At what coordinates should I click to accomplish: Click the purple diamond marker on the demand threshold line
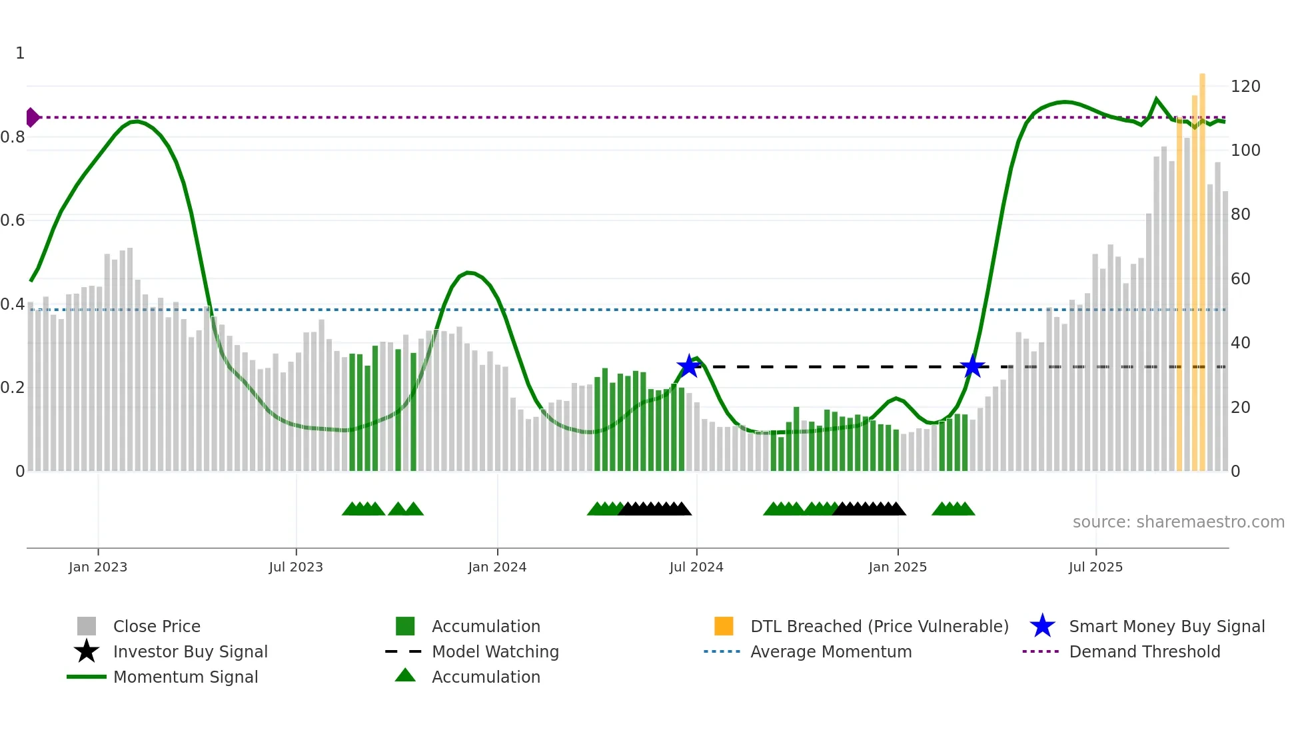pos(32,117)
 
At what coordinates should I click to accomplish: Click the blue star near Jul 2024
pos(688,366)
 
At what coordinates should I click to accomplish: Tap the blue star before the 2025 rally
pos(972,366)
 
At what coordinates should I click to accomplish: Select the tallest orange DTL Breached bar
pos(1202,266)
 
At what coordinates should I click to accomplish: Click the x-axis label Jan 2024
pos(497,567)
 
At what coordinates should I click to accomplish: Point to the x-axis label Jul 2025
pos(1095,567)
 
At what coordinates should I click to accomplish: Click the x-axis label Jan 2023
pos(98,567)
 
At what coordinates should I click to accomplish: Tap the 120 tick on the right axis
pos(1245,87)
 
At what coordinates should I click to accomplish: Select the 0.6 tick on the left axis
pos(13,220)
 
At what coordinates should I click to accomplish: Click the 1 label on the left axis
pos(20,53)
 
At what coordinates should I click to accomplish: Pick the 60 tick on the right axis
pos(1240,279)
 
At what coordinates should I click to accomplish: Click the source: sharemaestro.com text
pos(1178,522)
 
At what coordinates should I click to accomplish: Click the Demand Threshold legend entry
pos(1144,651)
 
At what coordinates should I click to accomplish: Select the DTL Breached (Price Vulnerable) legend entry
pos(879,626)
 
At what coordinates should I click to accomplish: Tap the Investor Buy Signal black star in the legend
pos(87,651)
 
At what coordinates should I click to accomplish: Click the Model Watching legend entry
pos(494,651)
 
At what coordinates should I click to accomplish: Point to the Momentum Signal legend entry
pos(185,677)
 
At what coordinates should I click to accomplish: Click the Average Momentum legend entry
pos(830,651)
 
